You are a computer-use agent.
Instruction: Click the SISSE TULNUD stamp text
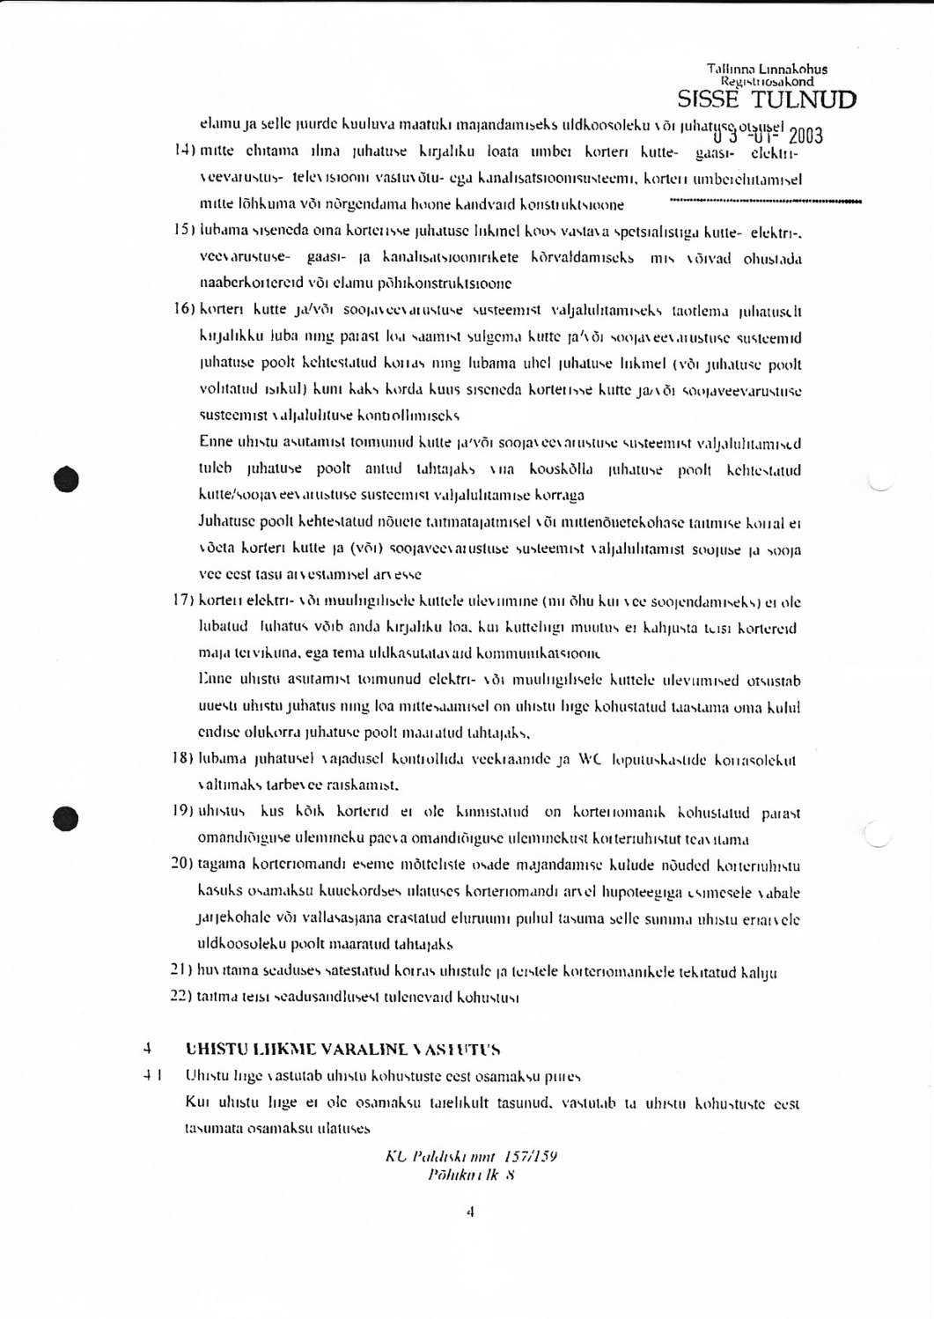pyautogui.click(x=766, y=99)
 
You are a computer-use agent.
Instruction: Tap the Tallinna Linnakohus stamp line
pyautogui.click(x=767, y=69)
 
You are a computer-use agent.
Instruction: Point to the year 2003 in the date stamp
pyautogui.click(x=805, y=135)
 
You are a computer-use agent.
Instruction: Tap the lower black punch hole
pyautogui.click(x=66, y=818)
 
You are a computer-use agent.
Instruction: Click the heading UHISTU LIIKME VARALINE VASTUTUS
pyautogui.click(x=343, y=1050)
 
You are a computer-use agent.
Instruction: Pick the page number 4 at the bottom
pyautogui.click(x=470, y=1212)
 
